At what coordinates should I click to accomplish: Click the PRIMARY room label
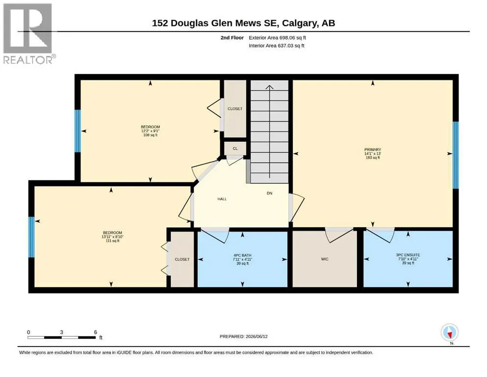tap(372, 150)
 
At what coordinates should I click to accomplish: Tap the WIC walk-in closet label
tap(325, 259)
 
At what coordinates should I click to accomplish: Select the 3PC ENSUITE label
tap(408, 255)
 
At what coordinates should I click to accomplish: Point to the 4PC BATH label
tap(242, 255)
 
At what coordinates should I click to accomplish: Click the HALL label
tap(222, 199)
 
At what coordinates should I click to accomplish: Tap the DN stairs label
tap(269, 193)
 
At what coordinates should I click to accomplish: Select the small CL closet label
tap(235, 149)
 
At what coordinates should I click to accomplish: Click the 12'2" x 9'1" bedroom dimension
tap(151, 131)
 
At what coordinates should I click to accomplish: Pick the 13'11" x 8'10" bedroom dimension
tap(112, 237)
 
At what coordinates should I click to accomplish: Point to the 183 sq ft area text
tap(372, 158)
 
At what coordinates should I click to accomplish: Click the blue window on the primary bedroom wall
tap(455, 155)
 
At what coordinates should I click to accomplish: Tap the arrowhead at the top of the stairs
tap(269, 87)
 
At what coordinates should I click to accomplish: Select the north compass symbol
tap(449, 332)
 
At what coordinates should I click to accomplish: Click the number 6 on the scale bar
tap(96, 332)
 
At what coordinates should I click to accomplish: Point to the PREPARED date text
tap(243, 336)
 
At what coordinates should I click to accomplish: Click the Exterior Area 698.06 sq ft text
tap(278, 38)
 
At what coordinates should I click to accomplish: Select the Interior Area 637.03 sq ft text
tap(277, 46)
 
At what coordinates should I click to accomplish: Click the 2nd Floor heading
tap(232, 38)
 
